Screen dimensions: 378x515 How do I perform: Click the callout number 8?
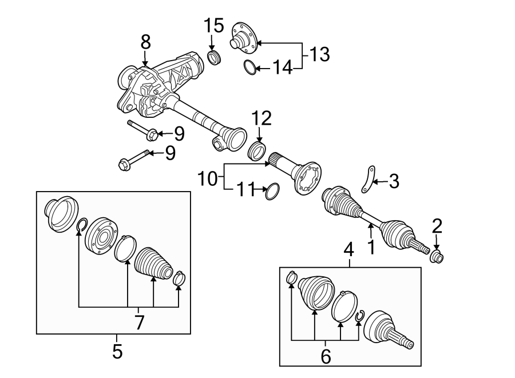click(145, 42)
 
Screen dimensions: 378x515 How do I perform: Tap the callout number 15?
click(213, 26)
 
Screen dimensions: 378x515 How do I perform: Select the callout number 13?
click(320, 55)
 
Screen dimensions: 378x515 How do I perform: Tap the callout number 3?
click(393, 182)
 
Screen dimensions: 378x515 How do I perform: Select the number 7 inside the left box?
click(139, 323)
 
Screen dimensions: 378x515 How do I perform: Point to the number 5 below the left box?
click(117, 351)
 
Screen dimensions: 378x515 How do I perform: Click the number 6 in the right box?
click(326, 356)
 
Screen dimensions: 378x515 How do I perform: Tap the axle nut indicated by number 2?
click(437, 257)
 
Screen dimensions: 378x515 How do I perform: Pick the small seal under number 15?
click(213, 57)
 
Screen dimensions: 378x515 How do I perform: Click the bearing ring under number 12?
click(259, 152)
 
